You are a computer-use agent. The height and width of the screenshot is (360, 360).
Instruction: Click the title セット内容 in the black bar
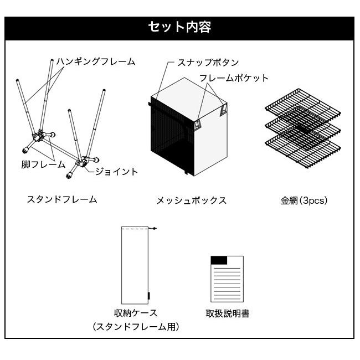click(179, 27)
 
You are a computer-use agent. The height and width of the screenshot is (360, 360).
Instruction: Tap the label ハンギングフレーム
click(95, 61)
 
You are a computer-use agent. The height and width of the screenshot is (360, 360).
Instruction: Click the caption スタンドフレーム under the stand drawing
click(62, 199)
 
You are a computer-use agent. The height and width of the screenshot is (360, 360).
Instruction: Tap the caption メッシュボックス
click(192, 200)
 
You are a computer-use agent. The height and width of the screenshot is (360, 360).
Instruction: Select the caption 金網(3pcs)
click(304, 200)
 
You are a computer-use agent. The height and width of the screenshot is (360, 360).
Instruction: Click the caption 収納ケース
click(136, 313)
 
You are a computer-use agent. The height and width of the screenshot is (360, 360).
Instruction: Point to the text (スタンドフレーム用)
click(136, 327)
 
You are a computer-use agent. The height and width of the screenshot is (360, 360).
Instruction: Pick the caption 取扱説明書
click(227, 313)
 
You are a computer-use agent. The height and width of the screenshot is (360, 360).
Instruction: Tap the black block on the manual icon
click(219, 260)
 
